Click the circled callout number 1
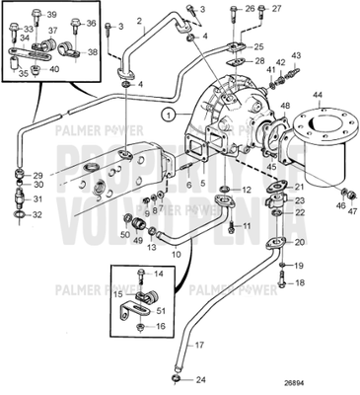point(170,116)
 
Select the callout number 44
point(318,97)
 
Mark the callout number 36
point(92,22)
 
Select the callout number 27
point(262,8)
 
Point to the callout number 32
point(38,213)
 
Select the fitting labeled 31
point(19,196)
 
